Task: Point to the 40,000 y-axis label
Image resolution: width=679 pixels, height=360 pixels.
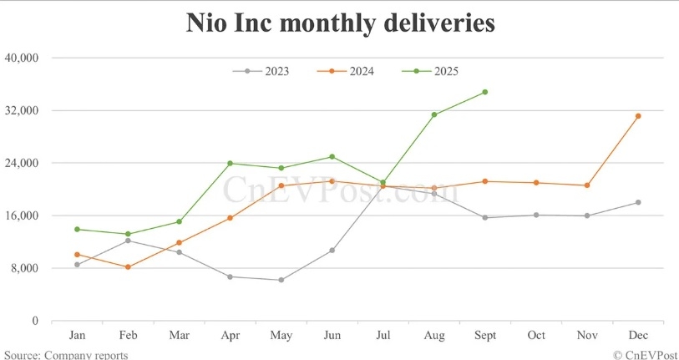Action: [x=23, y=58]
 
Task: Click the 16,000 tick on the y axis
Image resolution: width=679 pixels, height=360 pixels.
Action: [x=23, y=215]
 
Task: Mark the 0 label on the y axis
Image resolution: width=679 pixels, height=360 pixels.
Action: [x=35, y=321]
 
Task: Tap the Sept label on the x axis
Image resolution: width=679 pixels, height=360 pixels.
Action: [x=485, y=336]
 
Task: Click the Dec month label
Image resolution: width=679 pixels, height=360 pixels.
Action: [x=638, y=336]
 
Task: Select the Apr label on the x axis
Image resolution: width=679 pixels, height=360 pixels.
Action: [x=230, y=336]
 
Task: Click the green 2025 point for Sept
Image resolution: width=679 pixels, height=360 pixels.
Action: [x=485, y=92]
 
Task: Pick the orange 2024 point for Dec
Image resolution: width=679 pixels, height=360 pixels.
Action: [x=638, y=116]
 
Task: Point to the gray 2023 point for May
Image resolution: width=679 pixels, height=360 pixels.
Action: [x=281, y=280]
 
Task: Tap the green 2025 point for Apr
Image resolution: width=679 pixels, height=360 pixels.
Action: [x=230, y=163]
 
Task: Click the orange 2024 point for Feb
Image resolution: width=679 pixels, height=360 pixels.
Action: [x=128, y=267]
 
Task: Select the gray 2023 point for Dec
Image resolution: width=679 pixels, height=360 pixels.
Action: [x=638, y=202]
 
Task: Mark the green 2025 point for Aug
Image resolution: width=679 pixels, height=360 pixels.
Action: [x=434, y=114]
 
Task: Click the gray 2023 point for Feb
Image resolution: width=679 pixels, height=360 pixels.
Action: [x=128, y=241]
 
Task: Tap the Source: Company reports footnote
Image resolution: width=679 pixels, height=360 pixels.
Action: [x=64, y=355]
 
